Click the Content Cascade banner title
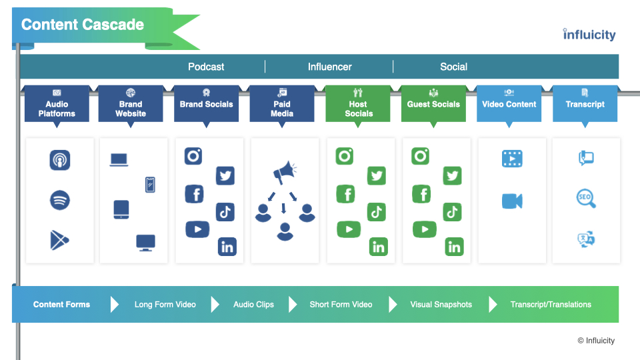click(83, 25)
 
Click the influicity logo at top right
click(589, 35)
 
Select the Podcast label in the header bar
click(206, 67)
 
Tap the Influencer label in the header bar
click(330, 67)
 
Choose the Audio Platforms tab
click(57, 104)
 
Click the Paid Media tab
click(282, 104)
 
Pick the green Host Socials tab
click(358, 104)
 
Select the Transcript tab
click(585, 104)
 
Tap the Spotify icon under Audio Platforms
click(59, 201)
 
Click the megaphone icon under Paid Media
click(285, 172)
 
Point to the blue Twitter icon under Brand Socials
click(225, 176)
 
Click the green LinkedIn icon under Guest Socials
click(454, 247)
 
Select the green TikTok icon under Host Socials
click(376, 212)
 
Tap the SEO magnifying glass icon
click(586, 199)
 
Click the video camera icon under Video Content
click(512, 201)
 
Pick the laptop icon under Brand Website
click(119, 159)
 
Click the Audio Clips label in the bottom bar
click(253, 305)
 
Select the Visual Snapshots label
click(441, 305)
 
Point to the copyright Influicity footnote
click(596, 341)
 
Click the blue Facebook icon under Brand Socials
click(194, 194)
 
